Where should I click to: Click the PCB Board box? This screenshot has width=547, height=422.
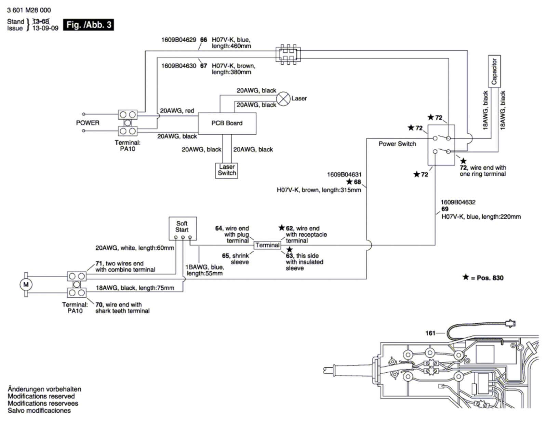[x=227, y=123]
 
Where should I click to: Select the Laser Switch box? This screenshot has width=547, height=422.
[x=227, y=170]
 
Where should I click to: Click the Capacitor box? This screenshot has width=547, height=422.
[x=494, y=71]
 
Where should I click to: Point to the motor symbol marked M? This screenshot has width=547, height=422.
[x=26, y=284]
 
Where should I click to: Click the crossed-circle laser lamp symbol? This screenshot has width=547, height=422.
[x=283, y=99]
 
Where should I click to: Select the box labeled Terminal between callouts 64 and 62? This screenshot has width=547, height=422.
[x=267, y=245]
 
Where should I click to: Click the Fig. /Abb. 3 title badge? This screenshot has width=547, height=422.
[x=89, y=25]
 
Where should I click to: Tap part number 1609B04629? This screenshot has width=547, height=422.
[x=178, y=40]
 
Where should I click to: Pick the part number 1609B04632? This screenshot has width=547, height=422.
[x=458, y=202]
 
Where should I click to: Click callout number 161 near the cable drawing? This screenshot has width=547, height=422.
[x=430, y=333]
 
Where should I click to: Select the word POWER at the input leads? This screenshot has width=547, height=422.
[x=88, y=123]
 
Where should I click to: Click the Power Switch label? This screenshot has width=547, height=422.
[x=397, y=144]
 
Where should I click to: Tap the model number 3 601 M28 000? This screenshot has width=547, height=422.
[x=29, y=10]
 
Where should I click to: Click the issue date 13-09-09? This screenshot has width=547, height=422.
[x=45, y=28]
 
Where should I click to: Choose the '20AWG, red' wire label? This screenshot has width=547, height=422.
[x=177, y=111]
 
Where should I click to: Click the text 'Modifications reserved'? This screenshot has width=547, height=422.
[x=41, y=396]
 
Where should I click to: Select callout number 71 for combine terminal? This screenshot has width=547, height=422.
[x=99, y=263]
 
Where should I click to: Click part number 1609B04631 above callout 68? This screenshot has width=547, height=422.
[x=344, y=175]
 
